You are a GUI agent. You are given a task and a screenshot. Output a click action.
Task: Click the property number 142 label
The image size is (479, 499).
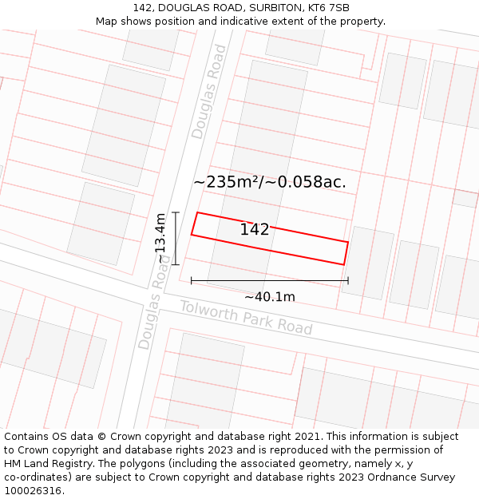(x=255, y=230)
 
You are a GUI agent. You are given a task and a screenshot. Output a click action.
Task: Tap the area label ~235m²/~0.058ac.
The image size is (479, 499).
(x=270, y=182)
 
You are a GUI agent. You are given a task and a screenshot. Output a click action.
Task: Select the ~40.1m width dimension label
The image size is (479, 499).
(x=270, y=297)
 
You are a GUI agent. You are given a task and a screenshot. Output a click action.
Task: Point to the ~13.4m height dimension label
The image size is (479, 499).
(x=160, y=238)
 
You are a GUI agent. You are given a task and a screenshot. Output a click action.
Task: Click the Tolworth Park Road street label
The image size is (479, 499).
(x=246, y=318)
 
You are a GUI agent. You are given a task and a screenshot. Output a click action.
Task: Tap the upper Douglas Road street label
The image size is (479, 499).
(x=209, y=92)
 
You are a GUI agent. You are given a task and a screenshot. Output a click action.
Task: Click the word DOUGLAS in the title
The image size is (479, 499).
(x=186, y=8)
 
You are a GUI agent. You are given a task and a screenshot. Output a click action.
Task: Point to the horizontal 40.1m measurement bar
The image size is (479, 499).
(x=270, y=280)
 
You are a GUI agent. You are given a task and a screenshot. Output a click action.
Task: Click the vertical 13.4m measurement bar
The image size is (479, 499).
(x=176, y=238)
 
